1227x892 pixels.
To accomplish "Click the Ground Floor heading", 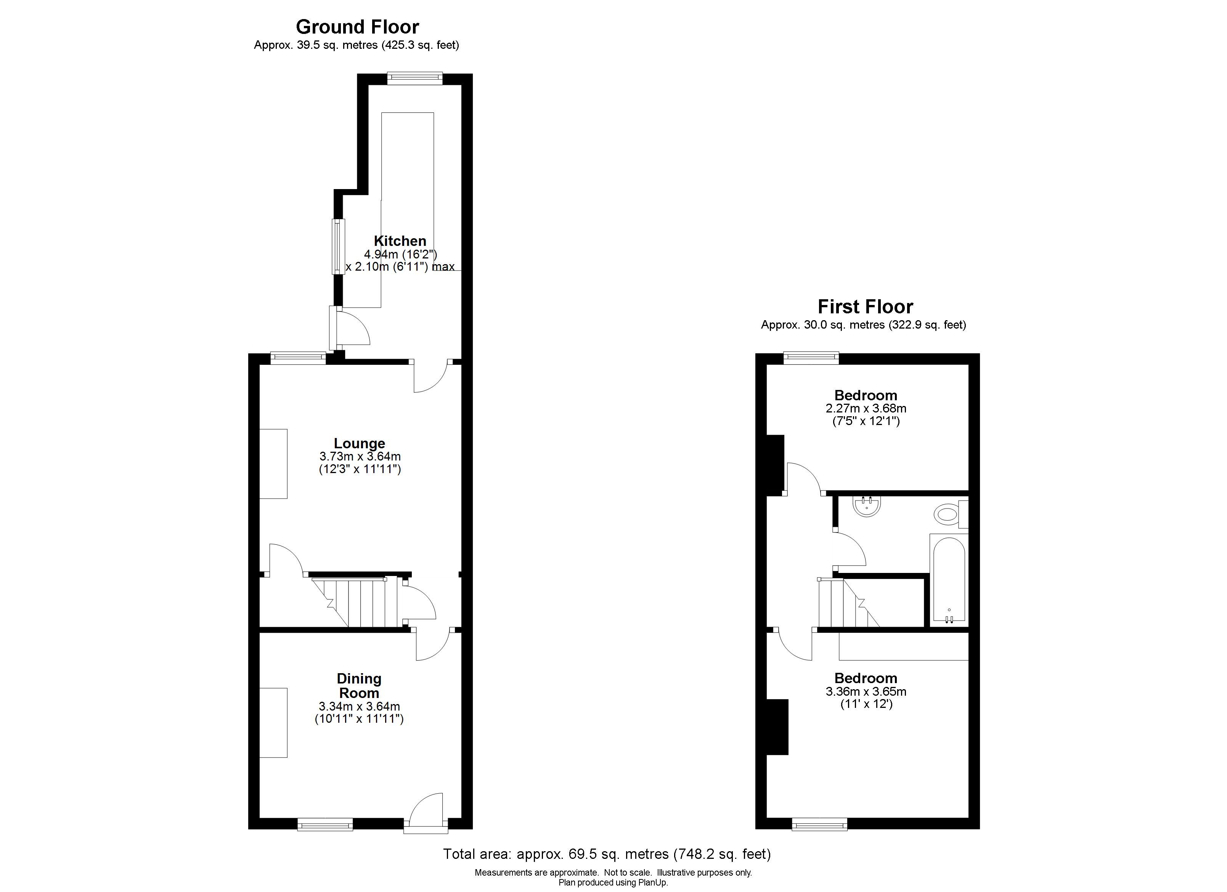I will [x=357, y=27].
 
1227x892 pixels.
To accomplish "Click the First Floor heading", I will [x=865, y=307].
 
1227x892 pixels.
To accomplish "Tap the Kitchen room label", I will [x=400, y=241].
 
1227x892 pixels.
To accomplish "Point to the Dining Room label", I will [x=359, y=685].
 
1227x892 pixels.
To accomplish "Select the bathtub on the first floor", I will [x=949, y=579].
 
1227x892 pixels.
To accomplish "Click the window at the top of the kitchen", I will [x=415, y=79].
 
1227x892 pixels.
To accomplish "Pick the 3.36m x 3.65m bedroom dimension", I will [x=866, y=691].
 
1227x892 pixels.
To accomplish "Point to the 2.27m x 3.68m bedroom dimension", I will [x=866, y=408].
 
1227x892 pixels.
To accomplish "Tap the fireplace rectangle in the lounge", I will [x=273, y=464].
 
